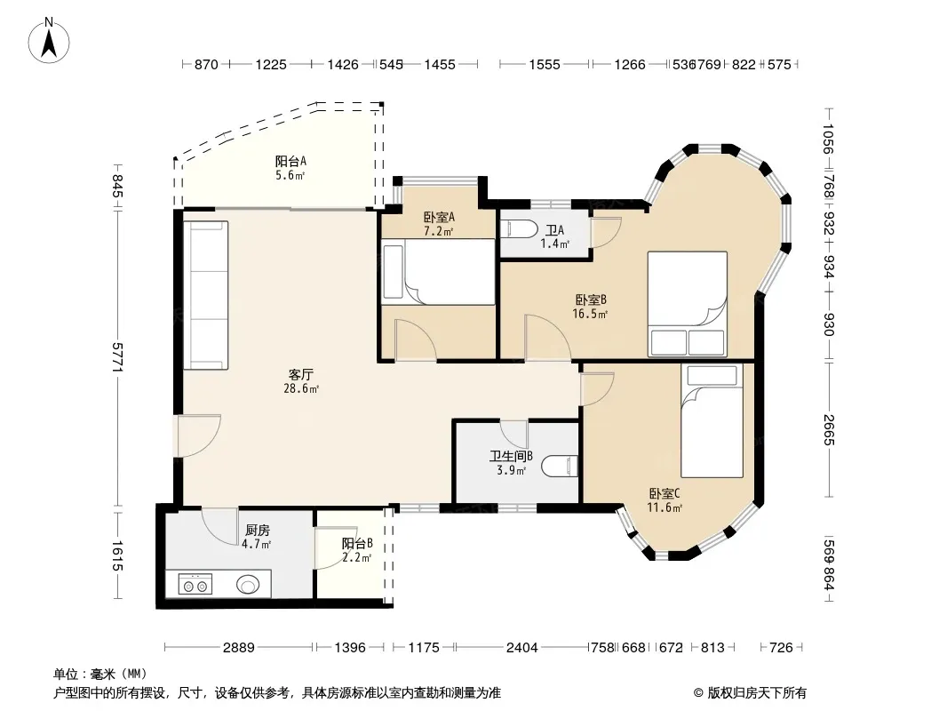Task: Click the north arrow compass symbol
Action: [x=49, y=40]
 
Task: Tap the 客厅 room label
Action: [x=301, y=374]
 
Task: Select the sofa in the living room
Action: [x=206, y=295]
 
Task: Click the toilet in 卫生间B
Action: [x=560, y=467]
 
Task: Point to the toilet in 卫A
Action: [x=519, y=229]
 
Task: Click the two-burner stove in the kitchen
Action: [x=195, y=585]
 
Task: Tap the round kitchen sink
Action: [x=248, y=584]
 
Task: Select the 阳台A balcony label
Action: [x=290, y=161]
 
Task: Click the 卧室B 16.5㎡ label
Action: [x=590, y=307]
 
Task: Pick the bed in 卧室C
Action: [x=712, y=421]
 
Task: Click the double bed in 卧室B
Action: [x=688, y=304]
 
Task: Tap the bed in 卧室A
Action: [x=439, y=272]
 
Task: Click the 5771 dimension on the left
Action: [x=118, y=357]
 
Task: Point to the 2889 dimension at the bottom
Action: [x=239, y=648]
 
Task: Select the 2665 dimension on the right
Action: [x=829, y=429]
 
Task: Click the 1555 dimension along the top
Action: [x=545, y=64]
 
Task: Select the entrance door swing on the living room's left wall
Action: [x=198, y=435]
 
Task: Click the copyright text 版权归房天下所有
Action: [x=756, y=693]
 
